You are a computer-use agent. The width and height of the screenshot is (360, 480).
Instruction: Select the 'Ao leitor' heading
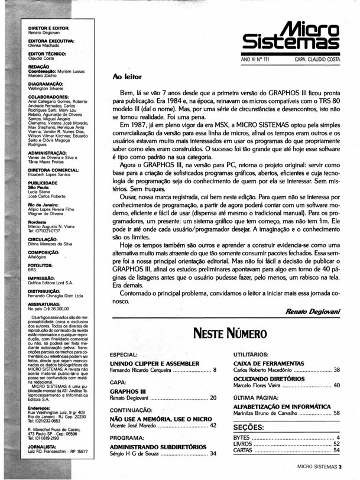click(x=129, y=77)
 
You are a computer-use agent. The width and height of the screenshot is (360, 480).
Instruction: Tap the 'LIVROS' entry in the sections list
click(x=244, y=443)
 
